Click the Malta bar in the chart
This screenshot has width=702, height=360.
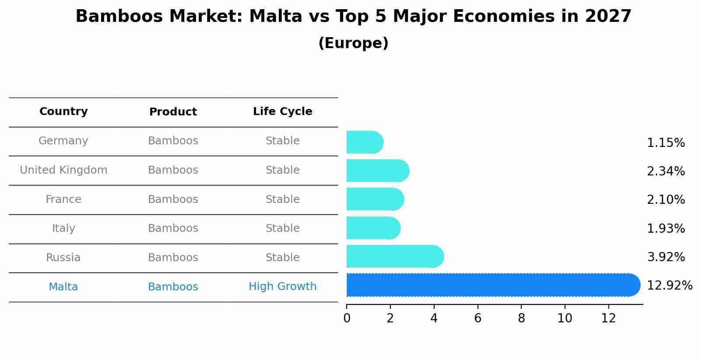click(x=490, y=285)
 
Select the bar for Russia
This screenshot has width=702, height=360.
click(x=394, y=257)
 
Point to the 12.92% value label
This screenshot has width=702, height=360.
click(x=669, y=286)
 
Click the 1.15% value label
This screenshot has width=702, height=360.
click(x=666, y=143)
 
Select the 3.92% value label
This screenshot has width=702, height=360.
click(x=666, y=257)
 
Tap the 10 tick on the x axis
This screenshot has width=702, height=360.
click(x=565, y=318)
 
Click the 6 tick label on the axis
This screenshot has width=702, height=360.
click(x=477, y=318)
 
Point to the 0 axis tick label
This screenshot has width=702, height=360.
click(x=347, y=318)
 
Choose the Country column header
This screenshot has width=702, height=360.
click(x=63, y=112)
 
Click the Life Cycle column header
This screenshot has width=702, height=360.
click(x=282, y=112)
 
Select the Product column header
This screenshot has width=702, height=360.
click(x=173, y=112)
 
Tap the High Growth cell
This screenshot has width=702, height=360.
click(x=282, y=287)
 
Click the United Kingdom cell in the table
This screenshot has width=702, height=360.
click(x=63, y=170)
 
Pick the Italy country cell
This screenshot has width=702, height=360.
click(x=63, y=228)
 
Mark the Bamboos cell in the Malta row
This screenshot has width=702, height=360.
click(x=173, y=287)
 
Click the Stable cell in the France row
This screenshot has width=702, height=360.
click(x=282, y=199)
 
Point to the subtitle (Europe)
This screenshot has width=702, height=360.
click(x=353, y=43)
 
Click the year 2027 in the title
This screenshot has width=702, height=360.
click(x=608, y=17)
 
